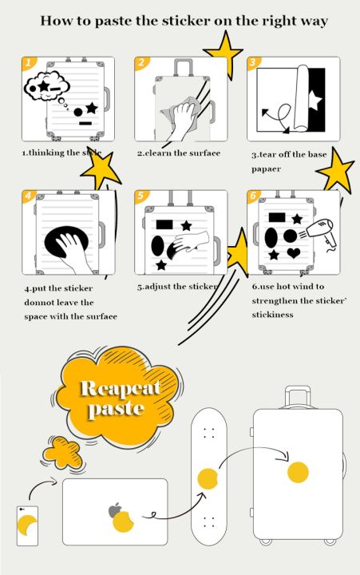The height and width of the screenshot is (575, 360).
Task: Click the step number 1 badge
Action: pos(28,62)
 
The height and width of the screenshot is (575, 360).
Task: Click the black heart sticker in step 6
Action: pos(294,254)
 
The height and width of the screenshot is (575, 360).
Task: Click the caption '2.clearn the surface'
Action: pos(177,153)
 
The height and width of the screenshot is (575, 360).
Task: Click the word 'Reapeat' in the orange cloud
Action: pos(120,389)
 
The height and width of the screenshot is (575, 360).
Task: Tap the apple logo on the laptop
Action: pos(115,510)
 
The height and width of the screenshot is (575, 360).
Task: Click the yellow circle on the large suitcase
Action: pos(298,472)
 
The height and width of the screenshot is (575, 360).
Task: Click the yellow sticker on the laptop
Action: pos(124,522)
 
